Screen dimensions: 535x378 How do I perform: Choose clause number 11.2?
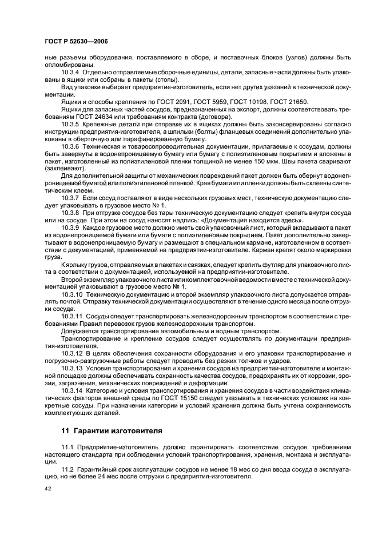pos(67,469)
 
